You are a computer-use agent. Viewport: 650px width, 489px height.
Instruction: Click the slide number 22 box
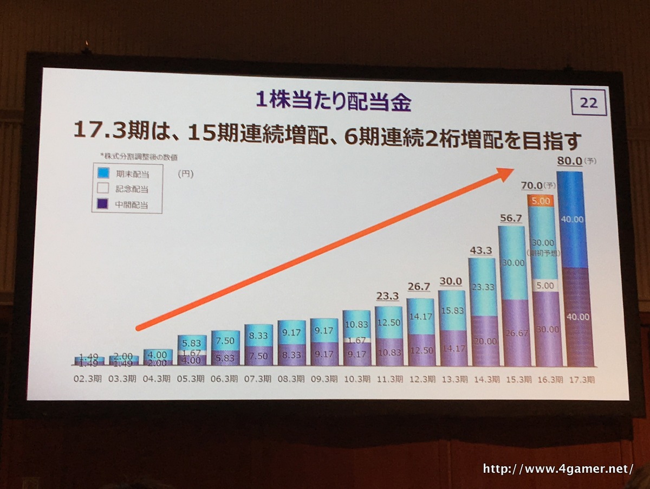[588, 102]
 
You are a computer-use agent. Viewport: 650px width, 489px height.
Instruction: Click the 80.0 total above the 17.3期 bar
[569, 161]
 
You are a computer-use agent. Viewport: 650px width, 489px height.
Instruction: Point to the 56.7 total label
[510, 217]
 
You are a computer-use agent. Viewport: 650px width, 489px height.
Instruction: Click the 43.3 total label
[480, 250]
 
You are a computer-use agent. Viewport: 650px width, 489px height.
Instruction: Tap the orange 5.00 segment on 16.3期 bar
[541, 201]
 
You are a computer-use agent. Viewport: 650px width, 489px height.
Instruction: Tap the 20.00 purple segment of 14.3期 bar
[482, 341]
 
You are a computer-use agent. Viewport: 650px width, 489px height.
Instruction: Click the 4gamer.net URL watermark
[558, 469]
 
